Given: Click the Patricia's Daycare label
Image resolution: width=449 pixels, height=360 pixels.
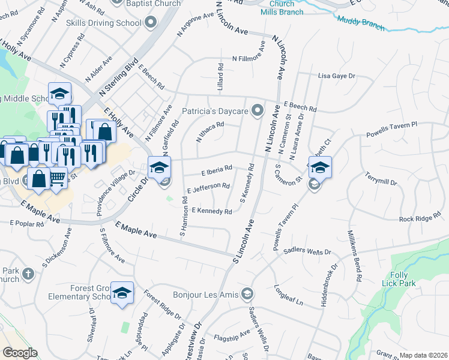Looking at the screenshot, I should (215, 112).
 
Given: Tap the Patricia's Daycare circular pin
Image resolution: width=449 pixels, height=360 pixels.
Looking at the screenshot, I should (258, 110).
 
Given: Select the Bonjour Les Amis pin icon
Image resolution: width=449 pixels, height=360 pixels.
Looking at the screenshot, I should (247, 293).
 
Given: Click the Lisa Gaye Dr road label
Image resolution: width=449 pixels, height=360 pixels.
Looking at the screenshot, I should (337, 76).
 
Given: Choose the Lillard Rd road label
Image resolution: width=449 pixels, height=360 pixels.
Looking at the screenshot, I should (221, 75).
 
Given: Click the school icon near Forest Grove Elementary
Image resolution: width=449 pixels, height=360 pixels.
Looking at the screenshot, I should (122, 293).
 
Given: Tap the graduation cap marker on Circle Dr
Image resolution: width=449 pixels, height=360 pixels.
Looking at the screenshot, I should (160, 167).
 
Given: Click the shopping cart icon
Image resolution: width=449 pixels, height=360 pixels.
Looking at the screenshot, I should (58, 178).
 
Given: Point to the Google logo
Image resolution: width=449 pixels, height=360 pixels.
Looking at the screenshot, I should (20, 353).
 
